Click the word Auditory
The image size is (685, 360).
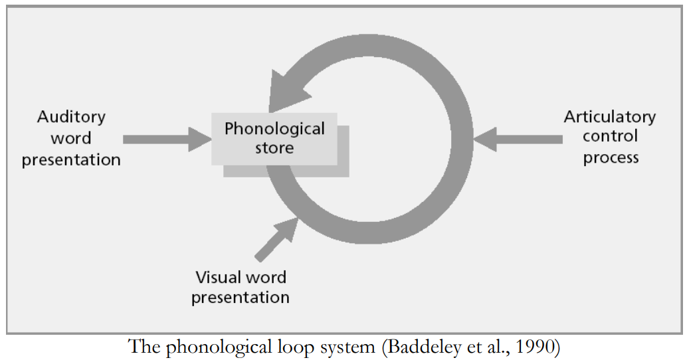pos(71,117)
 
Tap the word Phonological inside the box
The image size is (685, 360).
pos(274,128)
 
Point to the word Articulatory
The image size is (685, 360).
pos(609,117)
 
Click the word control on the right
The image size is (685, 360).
pos(610,137)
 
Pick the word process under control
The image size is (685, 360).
pos(611,157)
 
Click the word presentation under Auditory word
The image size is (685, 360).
pos(71,160)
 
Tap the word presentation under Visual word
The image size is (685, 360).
pos(241,297)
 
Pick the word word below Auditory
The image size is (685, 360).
pos(70,138)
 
